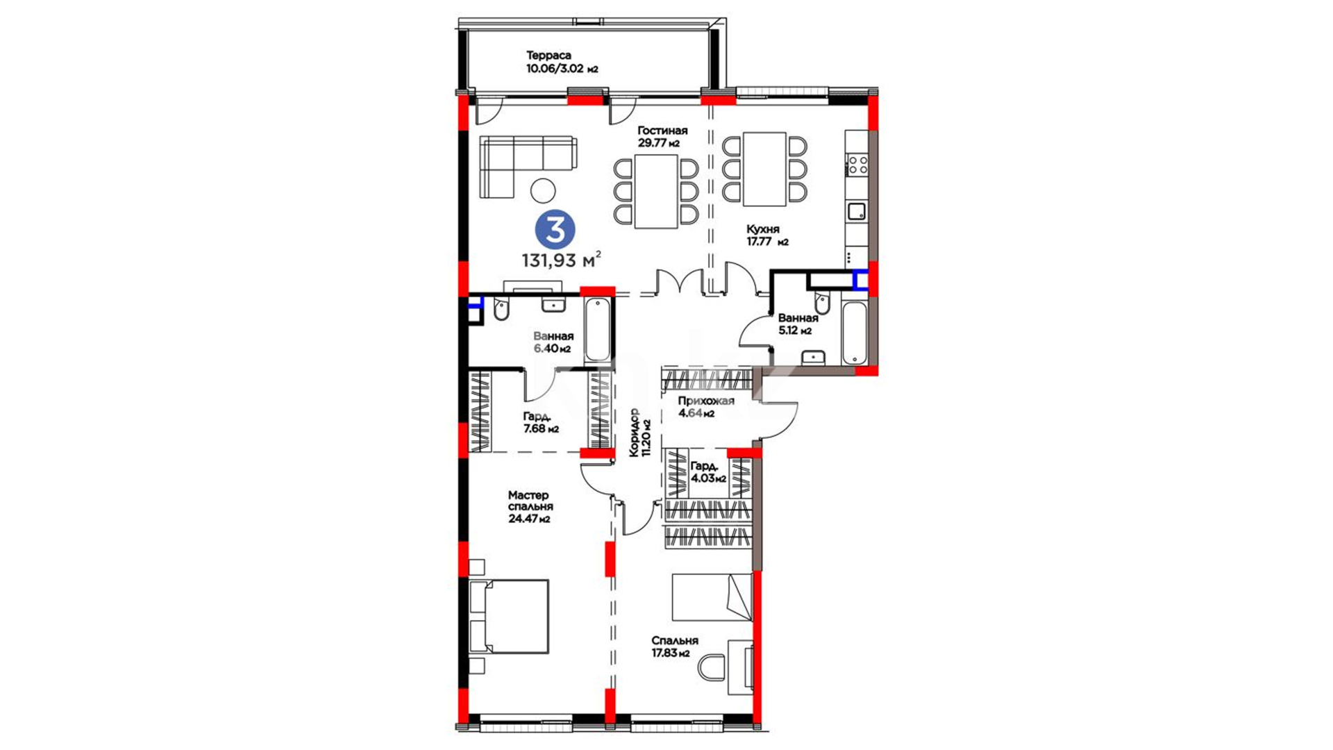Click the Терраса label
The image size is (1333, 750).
pyautogui.click(x=548, y=56)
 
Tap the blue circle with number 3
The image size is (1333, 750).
pyautogui.click(x=555, y=230)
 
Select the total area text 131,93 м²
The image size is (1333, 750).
pyautogui.click(x=561, y=260)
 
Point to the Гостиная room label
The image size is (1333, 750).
pyautogui.click(x=662, y=131)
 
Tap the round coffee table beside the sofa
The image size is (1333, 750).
pyautogui.click(x=542, y=190)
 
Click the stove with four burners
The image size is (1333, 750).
pyautogui.click(x=857, y=165)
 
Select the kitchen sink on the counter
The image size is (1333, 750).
pyautogui.click(x=857, y=210)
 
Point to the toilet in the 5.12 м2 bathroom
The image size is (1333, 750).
pyautogui.click(x=823, y=303)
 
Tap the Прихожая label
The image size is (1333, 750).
pyautogui.click(x=706, y=401)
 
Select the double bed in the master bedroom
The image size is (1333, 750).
pyautogui.click(x=509, y=617)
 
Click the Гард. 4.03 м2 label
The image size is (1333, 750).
pyautogui.click(x=708, y=472)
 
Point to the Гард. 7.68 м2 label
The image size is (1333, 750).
pyautogui.click(x=541, y=422)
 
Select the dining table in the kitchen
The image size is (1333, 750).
pyautogui.click(x=764, y=169)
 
